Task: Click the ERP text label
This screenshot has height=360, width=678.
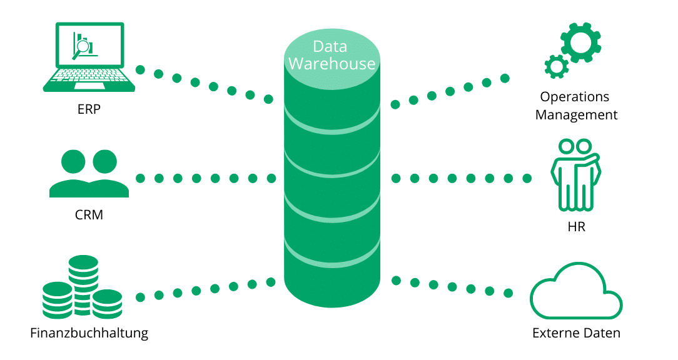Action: click(89, 110)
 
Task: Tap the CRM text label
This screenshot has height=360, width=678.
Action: click(88, 215)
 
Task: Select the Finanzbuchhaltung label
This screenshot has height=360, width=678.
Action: click(89, 332)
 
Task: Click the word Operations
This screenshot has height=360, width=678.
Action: click(575, 97)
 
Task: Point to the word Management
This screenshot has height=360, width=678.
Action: click(576, 115)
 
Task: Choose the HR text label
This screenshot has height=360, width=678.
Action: click(576, 227)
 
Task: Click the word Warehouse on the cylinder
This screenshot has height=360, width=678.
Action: click(331, 64)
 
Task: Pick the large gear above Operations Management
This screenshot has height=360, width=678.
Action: click(581, 42)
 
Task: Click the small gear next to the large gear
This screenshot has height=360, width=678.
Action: click(555, 65)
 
